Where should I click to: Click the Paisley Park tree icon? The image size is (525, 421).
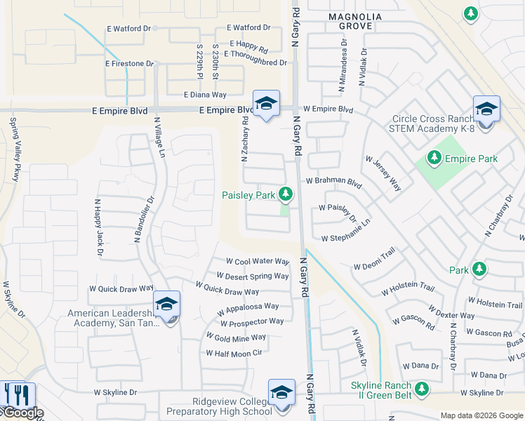pos(285,194)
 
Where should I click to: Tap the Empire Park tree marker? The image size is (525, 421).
pos(434,158)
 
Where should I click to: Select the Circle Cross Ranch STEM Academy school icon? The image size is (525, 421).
pos(486,109)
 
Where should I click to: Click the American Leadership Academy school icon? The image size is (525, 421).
pos(166,304)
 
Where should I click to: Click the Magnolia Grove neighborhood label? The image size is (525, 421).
pos(355,21)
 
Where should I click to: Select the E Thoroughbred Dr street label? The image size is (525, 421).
pos(255,62)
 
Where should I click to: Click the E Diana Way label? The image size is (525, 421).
pos(205,95)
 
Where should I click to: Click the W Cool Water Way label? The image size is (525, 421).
pos(253,262)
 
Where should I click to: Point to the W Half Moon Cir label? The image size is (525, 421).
pos(234,353)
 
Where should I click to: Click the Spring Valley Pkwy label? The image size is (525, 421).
pos(13,150)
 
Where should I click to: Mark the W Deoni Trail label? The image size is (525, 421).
pos(375,266)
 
